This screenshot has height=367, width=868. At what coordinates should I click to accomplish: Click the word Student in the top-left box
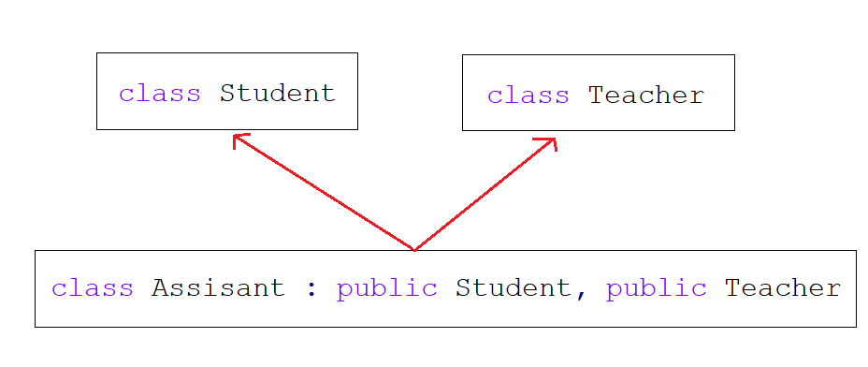click(x=277, y=94)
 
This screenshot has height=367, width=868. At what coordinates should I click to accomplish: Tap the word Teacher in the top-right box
click(x=645, y=95)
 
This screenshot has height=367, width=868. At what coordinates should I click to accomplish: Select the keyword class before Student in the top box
click(x=159, y=94)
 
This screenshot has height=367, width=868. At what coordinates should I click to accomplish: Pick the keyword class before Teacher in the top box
click(x=528, y=95)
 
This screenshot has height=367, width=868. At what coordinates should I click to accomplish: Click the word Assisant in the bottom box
click(x=218, y=288)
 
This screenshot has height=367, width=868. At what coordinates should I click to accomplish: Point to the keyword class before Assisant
click(x=92, y=288)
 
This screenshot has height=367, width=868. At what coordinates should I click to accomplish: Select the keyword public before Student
click(x=386, y=288)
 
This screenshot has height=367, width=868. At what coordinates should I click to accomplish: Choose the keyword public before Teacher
click(x=656, y=288)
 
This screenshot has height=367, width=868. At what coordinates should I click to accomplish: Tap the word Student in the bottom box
click(x=513, y=288)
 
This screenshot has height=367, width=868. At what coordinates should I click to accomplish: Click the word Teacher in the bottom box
click(x=782, y=288)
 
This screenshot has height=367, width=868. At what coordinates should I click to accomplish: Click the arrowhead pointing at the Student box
click(x=238, y=138)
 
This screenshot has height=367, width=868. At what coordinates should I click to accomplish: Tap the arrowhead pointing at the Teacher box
click(x=552, y=141)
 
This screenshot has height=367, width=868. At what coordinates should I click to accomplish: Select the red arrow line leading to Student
click(x=323, y=193)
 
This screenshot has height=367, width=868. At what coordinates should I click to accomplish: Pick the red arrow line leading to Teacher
click(x=485, y=195)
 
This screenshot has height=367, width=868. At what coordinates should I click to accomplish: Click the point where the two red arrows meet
click(x=414, y=249)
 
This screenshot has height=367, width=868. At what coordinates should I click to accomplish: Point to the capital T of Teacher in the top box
click(x=596, y=95)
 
